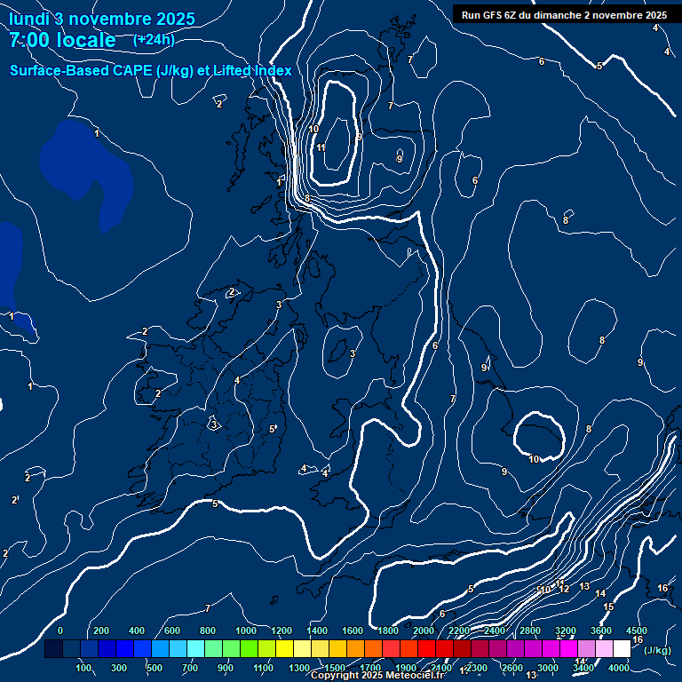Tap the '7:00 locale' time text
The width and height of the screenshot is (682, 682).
pos(62,41)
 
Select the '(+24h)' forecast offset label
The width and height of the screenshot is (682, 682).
pos(154,40)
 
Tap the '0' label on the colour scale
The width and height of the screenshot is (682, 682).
pos(60,630)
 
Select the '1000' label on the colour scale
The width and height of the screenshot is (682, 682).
pos(246,630)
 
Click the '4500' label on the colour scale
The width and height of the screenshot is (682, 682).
pos(636,630)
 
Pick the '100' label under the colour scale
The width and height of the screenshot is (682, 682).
pos(84,668)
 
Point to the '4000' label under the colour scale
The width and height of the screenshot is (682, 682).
pos(619,668)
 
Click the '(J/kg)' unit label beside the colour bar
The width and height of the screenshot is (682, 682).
pos(657,651)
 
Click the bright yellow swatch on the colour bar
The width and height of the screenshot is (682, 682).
pos(301,649)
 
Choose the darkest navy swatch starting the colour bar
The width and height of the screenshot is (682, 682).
pos(53,649)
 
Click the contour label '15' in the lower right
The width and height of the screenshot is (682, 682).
pos(608,607)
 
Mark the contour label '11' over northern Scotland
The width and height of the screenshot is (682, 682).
pos(321,148)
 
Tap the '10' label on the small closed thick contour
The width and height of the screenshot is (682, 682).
pos(534,459)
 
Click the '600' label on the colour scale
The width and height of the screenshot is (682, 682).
pos(171,630)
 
